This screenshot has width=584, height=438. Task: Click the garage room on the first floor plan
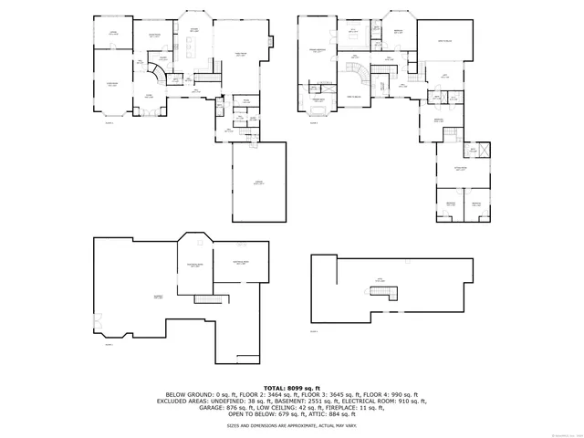[x=258, y=182]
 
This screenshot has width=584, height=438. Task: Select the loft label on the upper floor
[x=444, y=77]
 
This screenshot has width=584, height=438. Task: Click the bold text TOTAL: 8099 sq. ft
[x=292, y=388]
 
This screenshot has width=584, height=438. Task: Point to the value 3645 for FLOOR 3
[x=373, y=394]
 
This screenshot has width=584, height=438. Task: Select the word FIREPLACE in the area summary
[x=360, y=407]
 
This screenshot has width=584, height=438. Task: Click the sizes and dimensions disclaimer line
[x=292, y=426]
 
